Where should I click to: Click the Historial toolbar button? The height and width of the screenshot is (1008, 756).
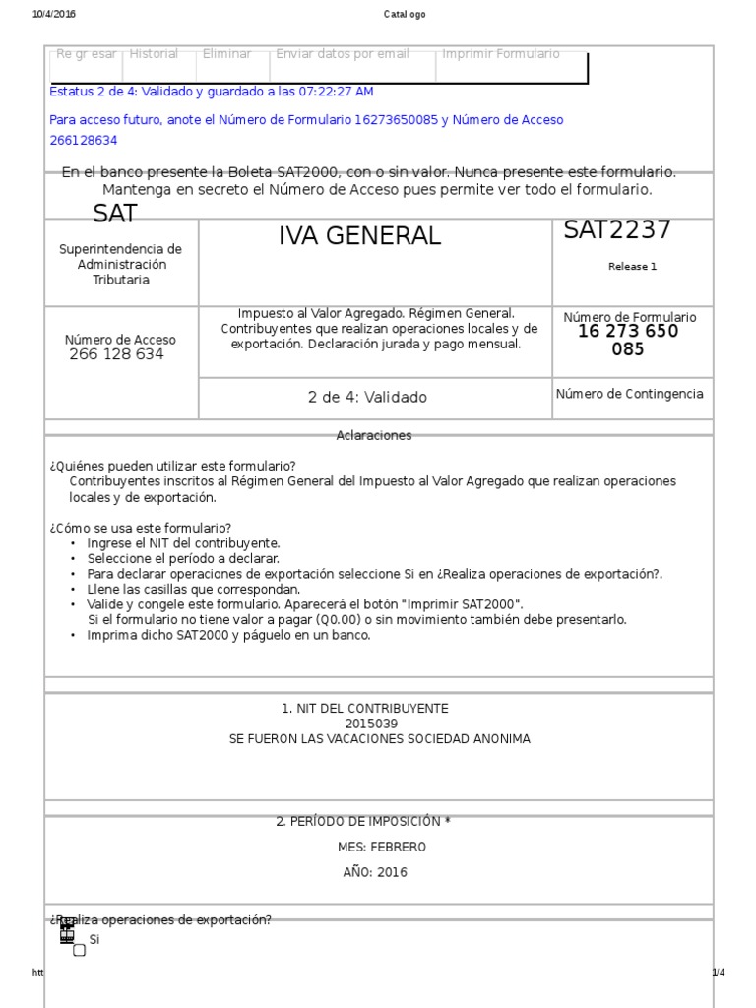pyautogui.click(x=154, y=54)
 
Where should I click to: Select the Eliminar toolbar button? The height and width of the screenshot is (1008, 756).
pyautogui.click(x=226, y=54)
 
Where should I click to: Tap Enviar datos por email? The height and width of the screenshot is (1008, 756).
pyautogui.click(x=343, y=54)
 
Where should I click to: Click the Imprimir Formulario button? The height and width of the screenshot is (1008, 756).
pyautogui.click(x=501, y=54)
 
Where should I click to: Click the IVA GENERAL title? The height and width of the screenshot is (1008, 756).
pyautogui.click(x=359, y=236)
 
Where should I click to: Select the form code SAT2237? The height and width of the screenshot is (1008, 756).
pyautogui.click(x=617, y=230)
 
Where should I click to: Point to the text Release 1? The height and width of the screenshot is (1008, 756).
pyautogui.click(x=632, y=266)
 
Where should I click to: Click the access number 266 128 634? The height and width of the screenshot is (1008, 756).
pyautogui.click(x=116, y=354)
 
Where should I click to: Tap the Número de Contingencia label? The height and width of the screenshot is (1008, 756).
pyautogui.click(x=630, y=394)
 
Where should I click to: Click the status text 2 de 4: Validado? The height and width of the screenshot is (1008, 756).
pyautogui.click(x=367, y=398)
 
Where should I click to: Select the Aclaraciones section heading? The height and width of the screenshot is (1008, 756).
pyautogui.click(x=374, y=435)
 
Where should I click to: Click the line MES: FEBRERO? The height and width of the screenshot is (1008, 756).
pyautogui.click(x=382, y=847)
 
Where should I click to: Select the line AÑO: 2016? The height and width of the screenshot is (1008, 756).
pyautogui.click(x=375, y=872)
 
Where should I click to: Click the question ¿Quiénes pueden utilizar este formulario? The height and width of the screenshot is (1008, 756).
pyautogui.click(x=172, y=466)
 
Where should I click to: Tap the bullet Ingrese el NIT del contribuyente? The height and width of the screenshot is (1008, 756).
pyautogui.click(x=183, y=543)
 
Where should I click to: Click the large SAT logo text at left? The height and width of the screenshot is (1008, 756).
pyautogui.click(x=115, y=214)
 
